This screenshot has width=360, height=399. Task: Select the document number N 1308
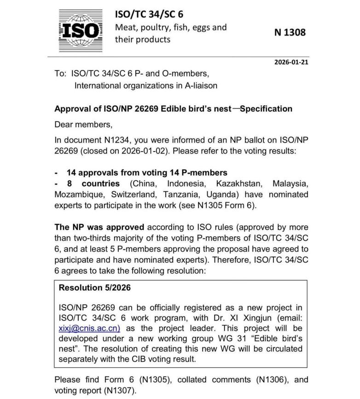point(290,33)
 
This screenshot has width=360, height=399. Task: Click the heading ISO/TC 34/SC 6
point(149,15)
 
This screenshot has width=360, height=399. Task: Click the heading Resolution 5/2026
point(95,288)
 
